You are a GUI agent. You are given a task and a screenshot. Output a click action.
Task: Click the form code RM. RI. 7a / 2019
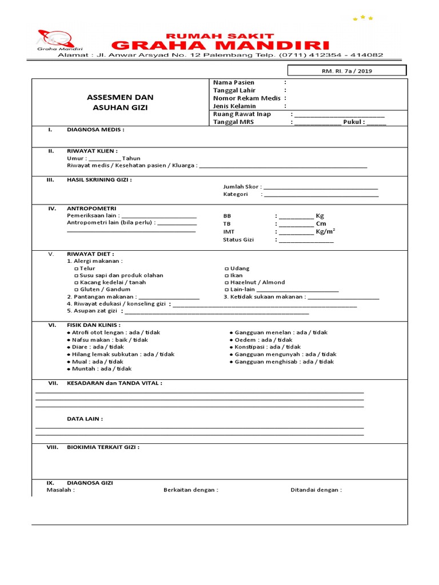click(x=346, y=71)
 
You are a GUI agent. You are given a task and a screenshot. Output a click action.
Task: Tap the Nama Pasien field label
click(x=234, y=83)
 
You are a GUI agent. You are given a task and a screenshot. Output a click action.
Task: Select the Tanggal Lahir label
click(x=234, y=90)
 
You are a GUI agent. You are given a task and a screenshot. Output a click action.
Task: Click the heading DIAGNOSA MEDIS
click(x=95, y=130)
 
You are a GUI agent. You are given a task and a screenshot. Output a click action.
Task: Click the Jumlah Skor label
click(x=242, y=186)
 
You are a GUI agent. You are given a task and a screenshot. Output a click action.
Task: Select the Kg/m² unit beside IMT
click(x=325, y=231)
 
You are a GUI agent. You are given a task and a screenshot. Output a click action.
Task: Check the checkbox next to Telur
click(x=77, y=269)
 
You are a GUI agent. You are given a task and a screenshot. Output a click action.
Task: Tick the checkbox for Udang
click(x=227, y=269)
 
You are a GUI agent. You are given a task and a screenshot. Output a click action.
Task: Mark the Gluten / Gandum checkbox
click(x=77, y=290)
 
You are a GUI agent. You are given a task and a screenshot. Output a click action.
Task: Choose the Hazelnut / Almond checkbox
click(x=227, y=282)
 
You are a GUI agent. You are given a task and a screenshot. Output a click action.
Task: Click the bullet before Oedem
click(x=231, y=340)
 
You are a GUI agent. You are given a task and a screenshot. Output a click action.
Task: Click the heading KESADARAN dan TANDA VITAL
click(x=114, y=383)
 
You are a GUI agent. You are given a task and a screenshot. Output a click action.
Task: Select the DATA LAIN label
click(x=85, y=419)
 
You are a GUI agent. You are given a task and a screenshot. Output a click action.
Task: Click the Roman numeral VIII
click(x=52, y=447)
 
